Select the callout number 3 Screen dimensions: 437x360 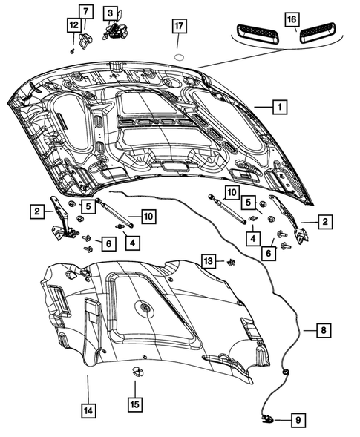click(x=110, y=13)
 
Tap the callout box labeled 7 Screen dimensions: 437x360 click(x=85, y=11)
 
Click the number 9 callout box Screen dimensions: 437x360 click(x=297, y=420)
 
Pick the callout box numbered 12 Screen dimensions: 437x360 click(x=73, y=25)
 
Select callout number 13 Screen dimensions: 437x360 click(x=209, y=260)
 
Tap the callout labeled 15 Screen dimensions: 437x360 click(x=134, y=404)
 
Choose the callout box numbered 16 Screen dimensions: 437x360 click(x=291, y=18)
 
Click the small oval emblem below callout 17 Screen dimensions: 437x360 click(x=178, y=56)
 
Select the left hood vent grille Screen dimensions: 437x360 click(x=255, y=33)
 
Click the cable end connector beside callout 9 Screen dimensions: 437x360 click(x=268, y=419)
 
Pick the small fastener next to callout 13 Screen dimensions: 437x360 click(x=230, y=262)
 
